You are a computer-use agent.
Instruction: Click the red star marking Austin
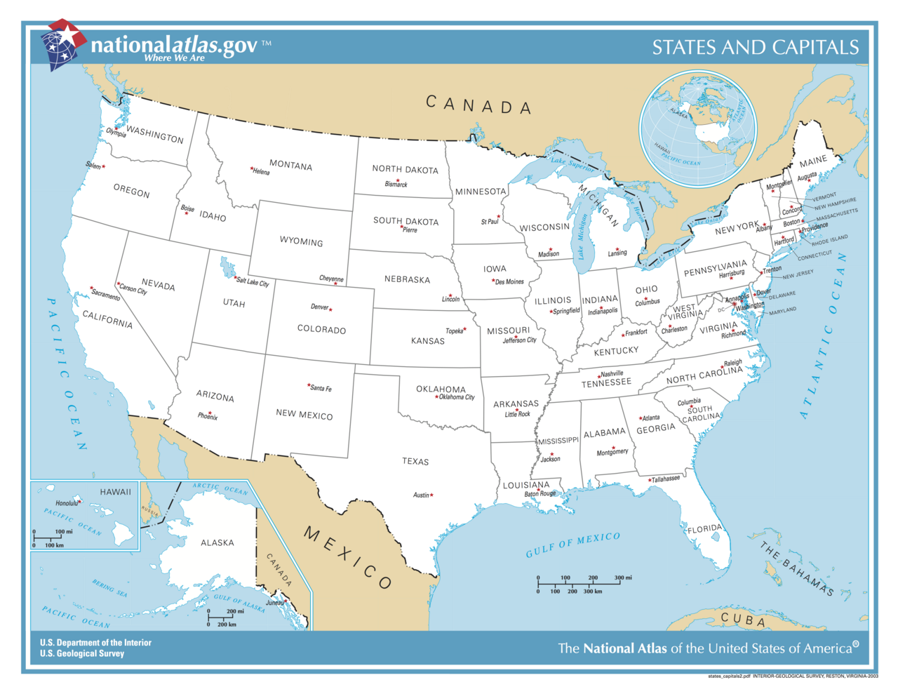point(431,495)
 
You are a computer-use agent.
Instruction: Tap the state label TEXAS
point(415,462)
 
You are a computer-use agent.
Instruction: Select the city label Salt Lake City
point(253,282)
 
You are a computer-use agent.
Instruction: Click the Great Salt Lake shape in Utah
point(227,267)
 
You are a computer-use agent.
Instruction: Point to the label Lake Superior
point(572,164)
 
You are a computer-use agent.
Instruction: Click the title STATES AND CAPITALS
point(755,47)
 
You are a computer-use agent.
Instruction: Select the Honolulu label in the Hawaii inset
point(67,503)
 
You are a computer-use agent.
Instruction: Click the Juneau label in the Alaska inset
point(274,603)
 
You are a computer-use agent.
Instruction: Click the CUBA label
point(743,620)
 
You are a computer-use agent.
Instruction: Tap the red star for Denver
point(330,309)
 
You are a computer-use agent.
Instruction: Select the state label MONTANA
point(290,165)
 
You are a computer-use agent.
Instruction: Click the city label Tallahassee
point(666,479)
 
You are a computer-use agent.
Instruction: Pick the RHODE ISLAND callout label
point(830,241)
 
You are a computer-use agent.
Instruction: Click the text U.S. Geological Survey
point(82,653)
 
